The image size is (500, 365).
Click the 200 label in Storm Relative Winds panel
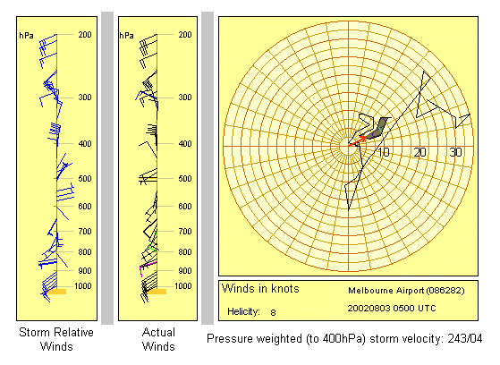click(85, 35)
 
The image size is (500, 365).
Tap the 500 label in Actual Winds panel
click(185, 179)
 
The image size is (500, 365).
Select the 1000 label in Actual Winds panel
click(183, 286)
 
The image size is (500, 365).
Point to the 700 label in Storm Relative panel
click(85, 232)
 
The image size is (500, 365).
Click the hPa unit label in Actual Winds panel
click(127, 35)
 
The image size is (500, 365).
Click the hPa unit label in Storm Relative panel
click(27, 35)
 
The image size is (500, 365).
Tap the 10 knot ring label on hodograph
click(383, 152)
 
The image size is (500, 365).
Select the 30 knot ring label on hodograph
click(455, 152)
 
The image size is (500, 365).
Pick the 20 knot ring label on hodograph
click(419, 152)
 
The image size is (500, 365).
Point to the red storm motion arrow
click(357, 141)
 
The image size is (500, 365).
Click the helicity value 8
click(273, 312)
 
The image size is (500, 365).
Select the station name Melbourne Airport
click(386, 291)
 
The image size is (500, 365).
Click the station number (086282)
click(445, 291)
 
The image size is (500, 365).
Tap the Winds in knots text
click(260, 288)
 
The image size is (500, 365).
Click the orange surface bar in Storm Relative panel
click(56, 292)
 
